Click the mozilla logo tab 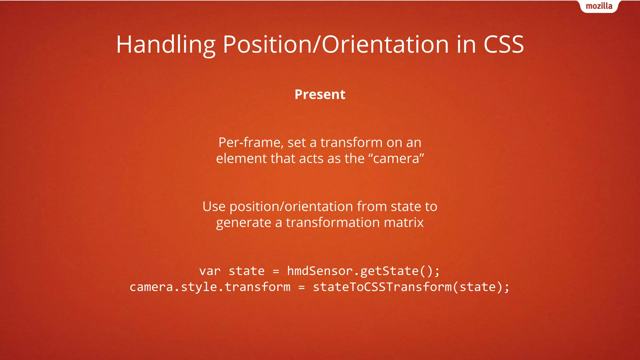point(599,6)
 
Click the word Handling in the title point(166,44)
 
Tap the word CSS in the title point(503,44)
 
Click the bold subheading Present point(320,94)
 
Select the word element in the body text point(241,159)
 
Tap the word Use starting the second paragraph point(214,207)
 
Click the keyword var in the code point(210,271)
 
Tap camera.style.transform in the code point(210,287)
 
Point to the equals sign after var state point(276,271)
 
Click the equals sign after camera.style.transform point(302,287)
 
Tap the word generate point(243,222)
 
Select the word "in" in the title point(466,44)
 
